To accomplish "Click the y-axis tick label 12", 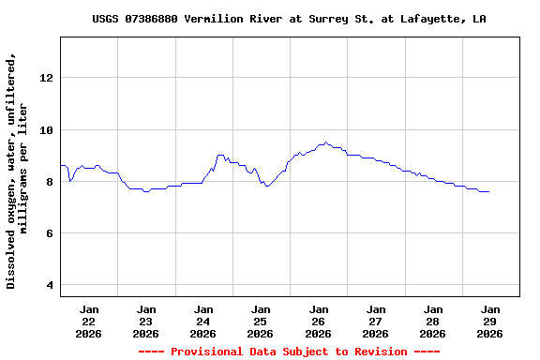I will tap(46, 78).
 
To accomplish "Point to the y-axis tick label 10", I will tap(46, 129).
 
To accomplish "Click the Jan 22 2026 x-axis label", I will tap(89, 321).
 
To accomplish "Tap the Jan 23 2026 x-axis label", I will tap(146, 321).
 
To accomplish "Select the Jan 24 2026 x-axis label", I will tap(203, 321).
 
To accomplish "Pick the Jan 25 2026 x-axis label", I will tap(261, 321).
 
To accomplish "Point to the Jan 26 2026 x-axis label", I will tap(319, 321).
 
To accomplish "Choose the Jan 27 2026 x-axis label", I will tap(376, 321).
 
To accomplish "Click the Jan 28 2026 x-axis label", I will tap(433, 321).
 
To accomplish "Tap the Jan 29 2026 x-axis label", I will tap(490, 321).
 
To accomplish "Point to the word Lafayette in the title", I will tap(435, 19).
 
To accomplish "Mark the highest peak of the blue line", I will tap(325, 142).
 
